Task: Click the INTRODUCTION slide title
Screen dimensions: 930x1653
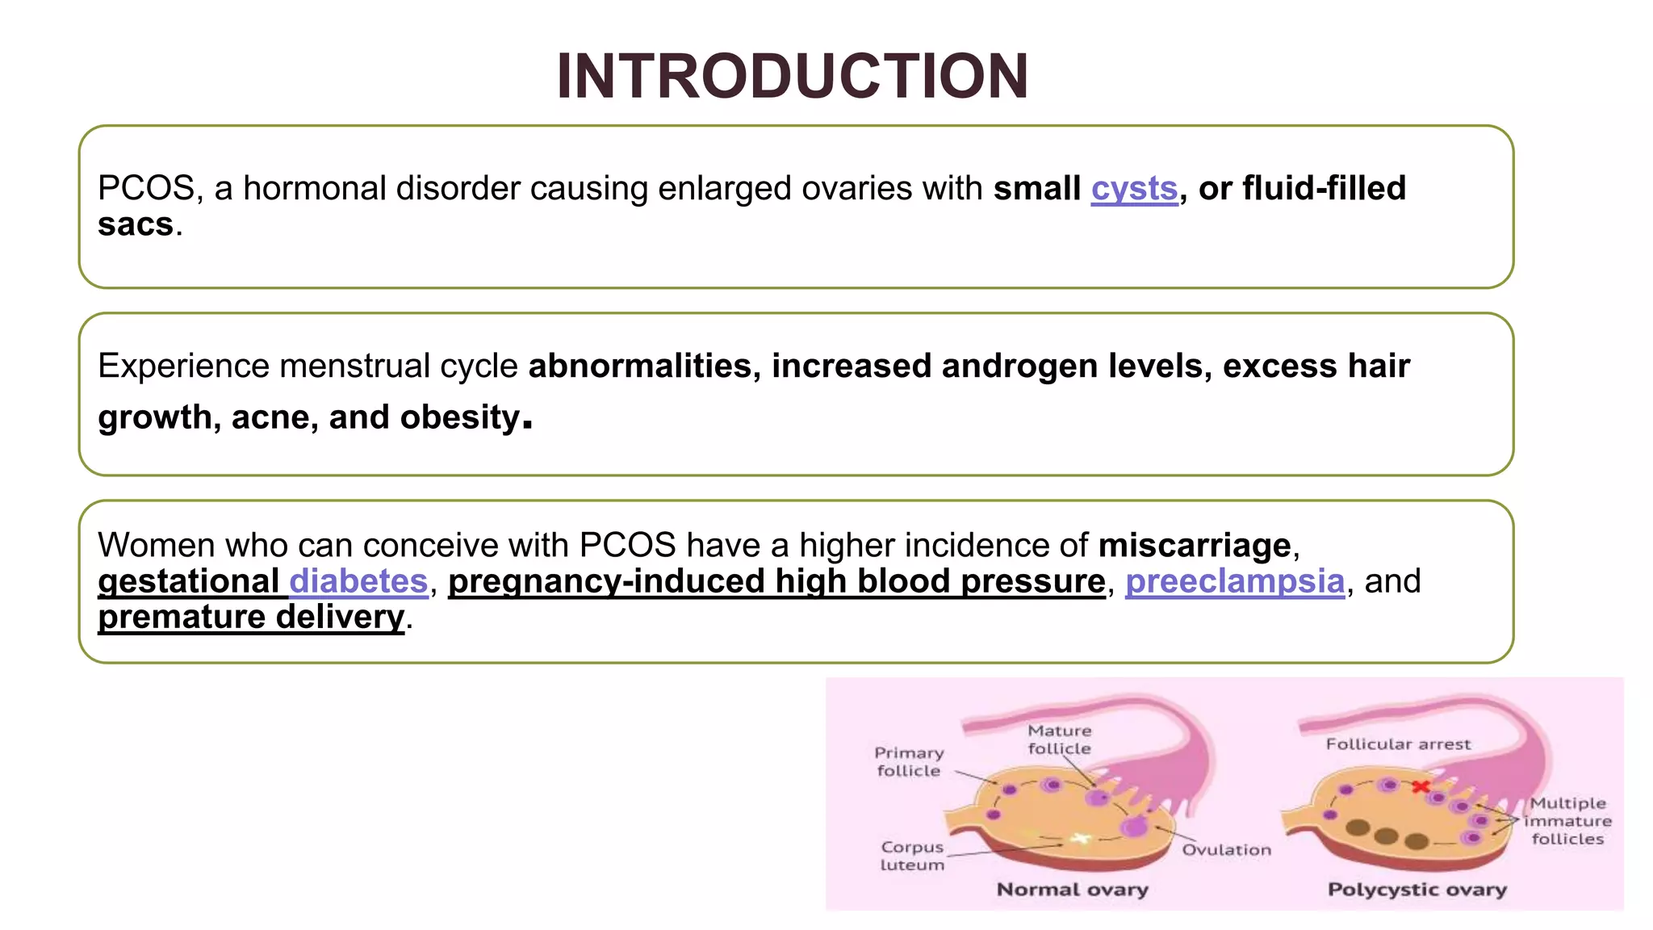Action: point(793,77)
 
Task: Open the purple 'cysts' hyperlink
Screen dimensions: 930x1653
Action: point(1134,189)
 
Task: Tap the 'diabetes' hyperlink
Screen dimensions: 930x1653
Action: point(358,581)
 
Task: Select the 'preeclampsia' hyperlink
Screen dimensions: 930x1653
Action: point(1235,581)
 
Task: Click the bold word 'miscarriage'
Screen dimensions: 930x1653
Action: point(1195,546)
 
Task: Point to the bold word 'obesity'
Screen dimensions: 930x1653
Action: point(460,418)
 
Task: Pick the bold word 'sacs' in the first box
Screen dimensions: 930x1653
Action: point(136,224)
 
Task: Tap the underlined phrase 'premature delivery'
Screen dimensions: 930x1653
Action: point(251,618)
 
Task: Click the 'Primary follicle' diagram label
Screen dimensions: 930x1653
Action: point(909,761)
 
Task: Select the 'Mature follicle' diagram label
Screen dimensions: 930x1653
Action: point(1059,739)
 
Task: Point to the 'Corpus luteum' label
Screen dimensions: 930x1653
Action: point(912,856)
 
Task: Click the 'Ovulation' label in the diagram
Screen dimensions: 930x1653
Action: point(1226,850)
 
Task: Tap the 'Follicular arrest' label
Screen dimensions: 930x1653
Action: point(1398,744)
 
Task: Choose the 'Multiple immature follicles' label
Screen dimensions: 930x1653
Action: point(1567,821)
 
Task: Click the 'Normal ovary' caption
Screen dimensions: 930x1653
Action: point(1072,890)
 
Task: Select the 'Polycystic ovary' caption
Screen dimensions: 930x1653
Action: point(1417,890)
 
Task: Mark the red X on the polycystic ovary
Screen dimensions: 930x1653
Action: point(1421,786)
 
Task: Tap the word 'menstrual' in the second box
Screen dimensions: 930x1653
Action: point(355,367)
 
